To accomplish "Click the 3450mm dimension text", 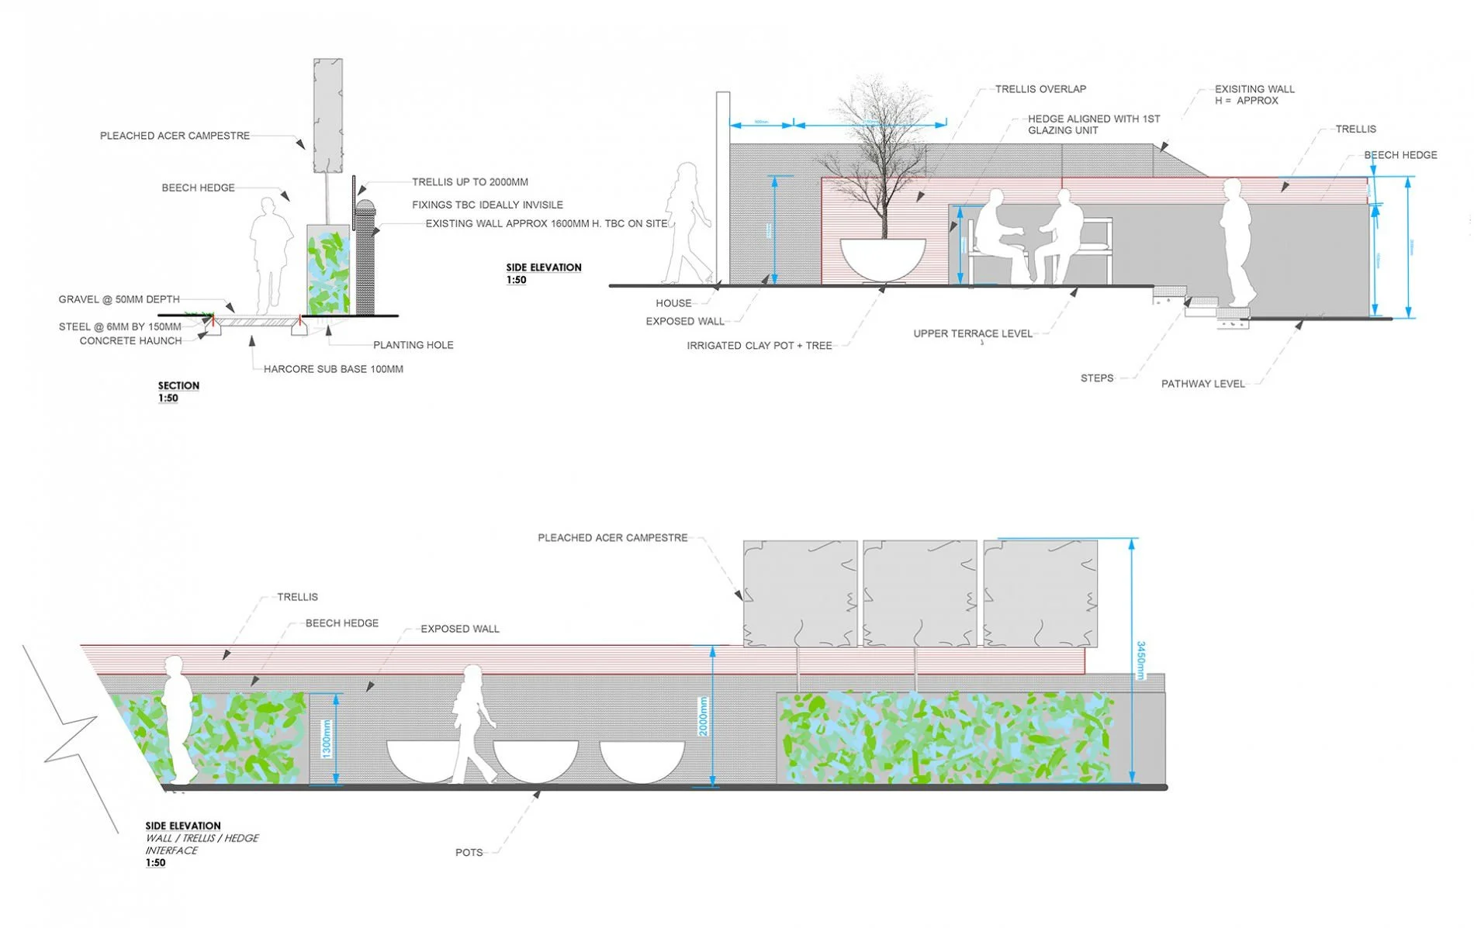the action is pos(1140,660).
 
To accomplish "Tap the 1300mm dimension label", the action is pos(327,739).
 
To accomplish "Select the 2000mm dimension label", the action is pos(703,716).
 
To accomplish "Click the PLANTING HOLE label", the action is pos(413,345).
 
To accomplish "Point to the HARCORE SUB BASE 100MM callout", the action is pos(333,369).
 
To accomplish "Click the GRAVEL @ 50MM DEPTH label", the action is pos(119,299).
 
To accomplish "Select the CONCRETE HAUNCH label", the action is pos(130,340).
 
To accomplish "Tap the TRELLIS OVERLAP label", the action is pos(1040,89).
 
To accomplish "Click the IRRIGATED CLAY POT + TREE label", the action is pos(759,346).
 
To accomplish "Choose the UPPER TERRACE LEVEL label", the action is pos(972,334).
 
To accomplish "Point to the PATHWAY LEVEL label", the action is pos(1202,384).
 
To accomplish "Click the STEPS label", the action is pos(1096,378).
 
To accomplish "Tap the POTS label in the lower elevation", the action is pos(469,853).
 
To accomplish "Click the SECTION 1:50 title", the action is pos(178,392).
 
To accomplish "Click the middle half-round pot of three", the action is pos(536,760).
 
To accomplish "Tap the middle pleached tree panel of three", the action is pos(919,593).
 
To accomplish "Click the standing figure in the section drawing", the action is pos(270,256).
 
